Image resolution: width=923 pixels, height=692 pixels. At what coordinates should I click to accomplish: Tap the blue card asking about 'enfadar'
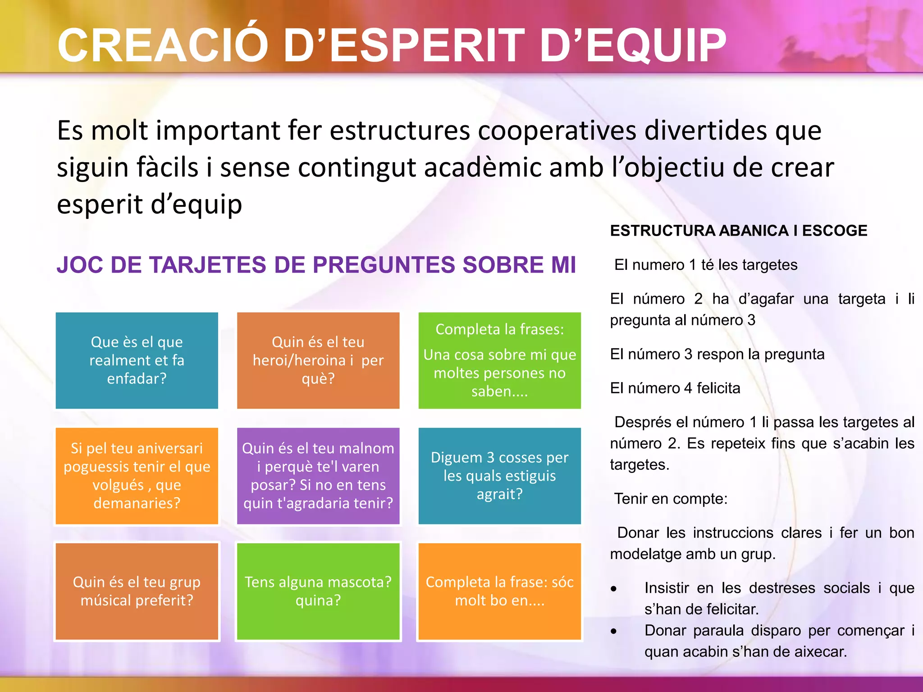click(x=137, y=360)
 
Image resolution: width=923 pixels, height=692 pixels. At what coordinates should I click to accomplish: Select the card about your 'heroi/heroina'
click(x=318, y=360)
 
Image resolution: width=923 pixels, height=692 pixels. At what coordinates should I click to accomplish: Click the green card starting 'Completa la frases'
click(x=499, y=360)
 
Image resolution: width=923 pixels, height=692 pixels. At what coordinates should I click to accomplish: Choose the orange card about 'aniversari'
click(x=137, y=476)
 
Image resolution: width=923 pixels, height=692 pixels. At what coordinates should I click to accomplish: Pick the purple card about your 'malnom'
click(x=318, y=476)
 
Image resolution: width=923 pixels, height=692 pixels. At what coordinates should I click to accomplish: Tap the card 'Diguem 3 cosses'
click(x=499, y=476)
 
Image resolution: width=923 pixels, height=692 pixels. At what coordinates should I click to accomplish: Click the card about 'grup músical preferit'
click(x=137, y=591)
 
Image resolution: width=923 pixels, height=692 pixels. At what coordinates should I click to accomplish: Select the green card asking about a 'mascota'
click(x=318, y=591)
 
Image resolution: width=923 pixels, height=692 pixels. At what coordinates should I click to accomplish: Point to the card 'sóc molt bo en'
click(x=499, y=591)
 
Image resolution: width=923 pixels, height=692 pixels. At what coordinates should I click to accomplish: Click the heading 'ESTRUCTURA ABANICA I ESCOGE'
click(x=738, y=231)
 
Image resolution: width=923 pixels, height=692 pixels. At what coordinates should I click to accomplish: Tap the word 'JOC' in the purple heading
click(x=78, y=265)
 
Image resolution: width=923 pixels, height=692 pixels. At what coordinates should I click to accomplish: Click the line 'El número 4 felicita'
click(x=675, y=388)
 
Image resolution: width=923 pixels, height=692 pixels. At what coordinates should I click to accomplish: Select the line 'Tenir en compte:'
click(x=671, y=499)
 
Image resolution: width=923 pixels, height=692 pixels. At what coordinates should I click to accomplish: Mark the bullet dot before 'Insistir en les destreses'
click(x=613, y=589)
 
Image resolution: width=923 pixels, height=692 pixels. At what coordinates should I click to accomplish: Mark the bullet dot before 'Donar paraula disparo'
click(x=613, y=632)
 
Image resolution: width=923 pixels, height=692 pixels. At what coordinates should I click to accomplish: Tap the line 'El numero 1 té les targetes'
click(x=706, y=265)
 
